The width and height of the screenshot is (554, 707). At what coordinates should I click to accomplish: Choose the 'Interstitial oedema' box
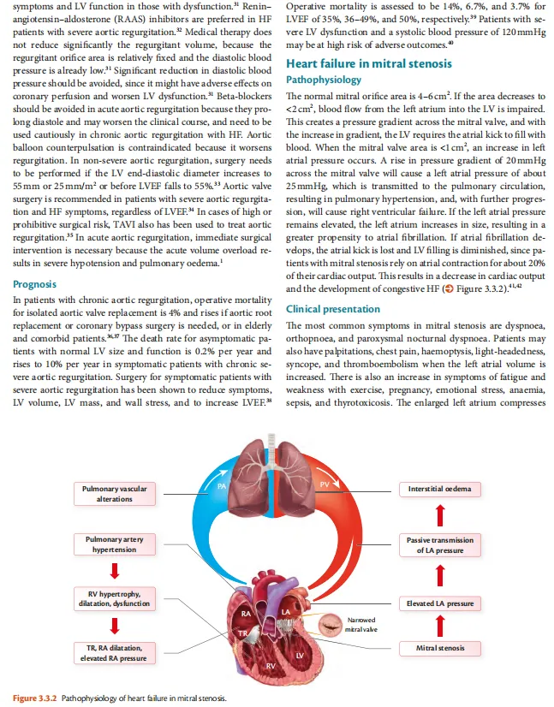(440, 489)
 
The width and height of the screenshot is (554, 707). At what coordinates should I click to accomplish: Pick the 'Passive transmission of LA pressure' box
(440, 544)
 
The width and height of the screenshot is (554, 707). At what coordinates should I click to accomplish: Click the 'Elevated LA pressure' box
(440, 603)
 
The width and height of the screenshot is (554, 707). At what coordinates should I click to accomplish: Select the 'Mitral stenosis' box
(440, 648)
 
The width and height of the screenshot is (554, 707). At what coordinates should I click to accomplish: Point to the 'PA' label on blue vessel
(221, 485)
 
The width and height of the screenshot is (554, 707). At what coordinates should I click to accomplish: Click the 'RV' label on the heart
(270, 665)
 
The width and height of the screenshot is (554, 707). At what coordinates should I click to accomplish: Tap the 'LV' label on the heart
(300, 655)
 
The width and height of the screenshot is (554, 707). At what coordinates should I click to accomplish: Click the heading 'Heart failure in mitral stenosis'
(368, 63)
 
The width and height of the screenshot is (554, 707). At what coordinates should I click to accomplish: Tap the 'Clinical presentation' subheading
(333, 309)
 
